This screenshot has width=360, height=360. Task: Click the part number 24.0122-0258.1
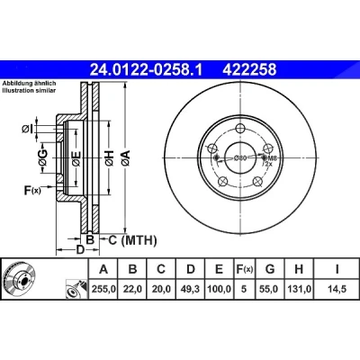pos(147,69)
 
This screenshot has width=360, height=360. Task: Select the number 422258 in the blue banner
pos(249,69)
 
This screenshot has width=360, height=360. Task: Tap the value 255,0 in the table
pos(103,289)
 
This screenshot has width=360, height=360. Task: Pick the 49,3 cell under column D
pos(191,289)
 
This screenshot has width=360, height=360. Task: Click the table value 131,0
pos(299,289)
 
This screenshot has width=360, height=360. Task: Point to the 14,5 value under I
pos(337,289)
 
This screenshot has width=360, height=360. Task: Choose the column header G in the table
pos(270,269)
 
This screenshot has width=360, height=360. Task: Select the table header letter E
pos(220,269)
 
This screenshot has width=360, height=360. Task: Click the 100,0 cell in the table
pos(220,289)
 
